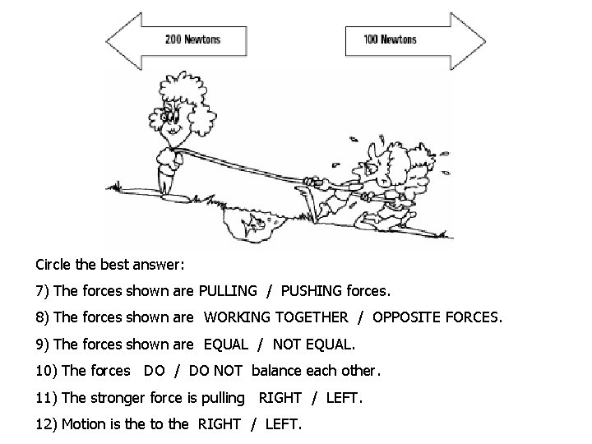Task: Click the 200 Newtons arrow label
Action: pos(192,39)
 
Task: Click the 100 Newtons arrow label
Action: pos(391,39)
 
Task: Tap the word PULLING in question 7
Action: pos(227,290)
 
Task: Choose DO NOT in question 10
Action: pos(215,371)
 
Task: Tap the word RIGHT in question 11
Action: pos(280,398)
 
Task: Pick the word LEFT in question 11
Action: pos(343,398)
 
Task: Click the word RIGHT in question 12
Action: pos(219,424)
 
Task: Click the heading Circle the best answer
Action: pos(110,265)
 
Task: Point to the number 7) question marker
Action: pos(44,291)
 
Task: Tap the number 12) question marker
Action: pos(47,424)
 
